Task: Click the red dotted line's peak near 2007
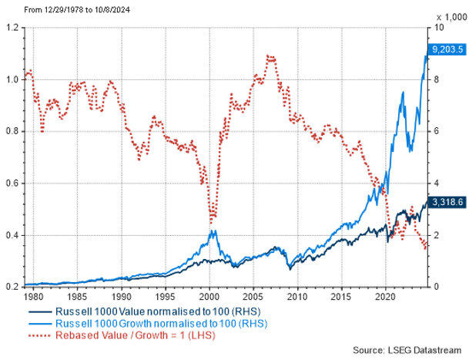click(x=268, y=56)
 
